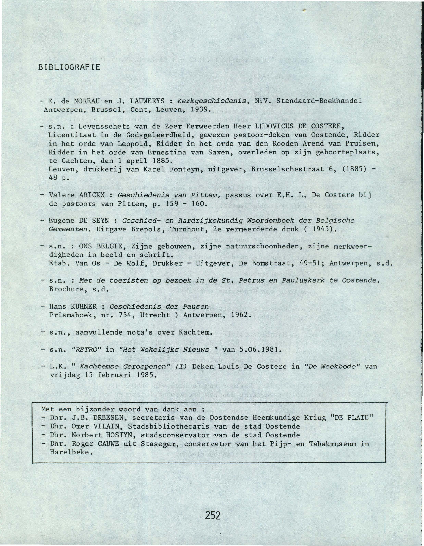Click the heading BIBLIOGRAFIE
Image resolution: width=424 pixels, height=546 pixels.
[x=69, y=67]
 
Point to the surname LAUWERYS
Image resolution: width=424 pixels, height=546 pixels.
[x=147, y=101]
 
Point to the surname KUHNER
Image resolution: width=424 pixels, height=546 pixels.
[x=84, y=306]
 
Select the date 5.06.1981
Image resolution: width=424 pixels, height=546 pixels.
[x=260, y=349]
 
